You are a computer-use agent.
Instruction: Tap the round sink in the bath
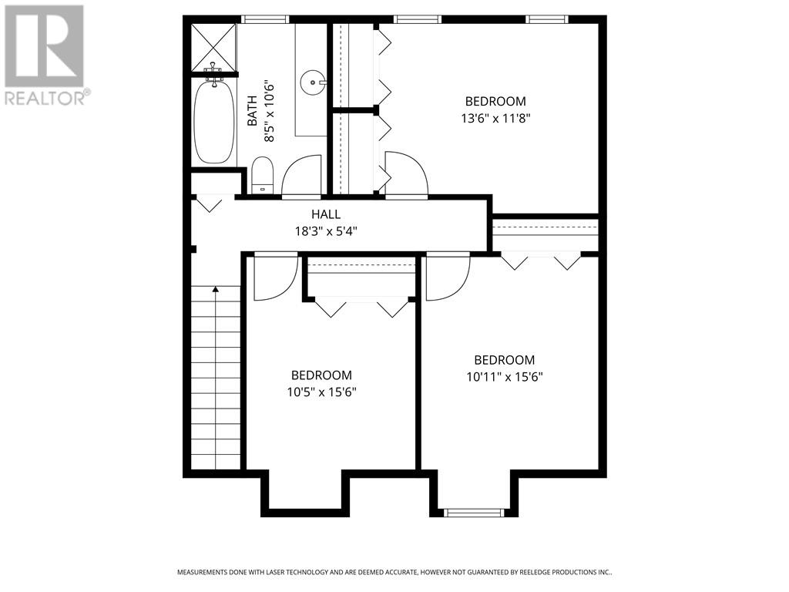(x=312, y=79)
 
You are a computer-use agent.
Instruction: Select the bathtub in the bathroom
(x=213, y=123)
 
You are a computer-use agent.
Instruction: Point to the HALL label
(x=326, y=214)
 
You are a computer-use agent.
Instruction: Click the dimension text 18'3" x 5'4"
(x=326, y=230)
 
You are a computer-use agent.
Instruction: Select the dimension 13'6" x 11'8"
(x=495, y=118)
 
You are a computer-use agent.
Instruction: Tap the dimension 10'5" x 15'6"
(x=321, y=392)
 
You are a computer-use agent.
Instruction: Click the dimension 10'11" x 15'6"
(x=504, y=376)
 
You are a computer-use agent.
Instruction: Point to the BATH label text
(x=252, y=114)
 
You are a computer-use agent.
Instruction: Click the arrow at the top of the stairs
(x=216, y=289)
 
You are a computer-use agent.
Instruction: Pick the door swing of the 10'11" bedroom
(x=448, y=277)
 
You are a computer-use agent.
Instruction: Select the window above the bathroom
(x=265, y=19)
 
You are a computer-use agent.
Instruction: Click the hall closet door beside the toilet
(x=210, y=203)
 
